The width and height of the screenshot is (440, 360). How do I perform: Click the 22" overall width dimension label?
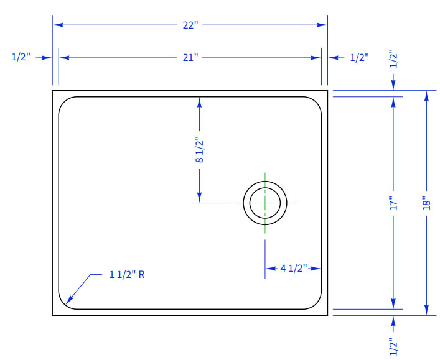[x=190, y=25]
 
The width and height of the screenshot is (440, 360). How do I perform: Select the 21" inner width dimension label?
[x=190, y=58]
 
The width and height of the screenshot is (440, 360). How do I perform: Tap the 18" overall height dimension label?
[x=426, y=203]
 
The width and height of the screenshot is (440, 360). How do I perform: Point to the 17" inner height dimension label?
[x=393, y=203]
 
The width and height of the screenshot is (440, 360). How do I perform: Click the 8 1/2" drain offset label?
[x=200, y=150]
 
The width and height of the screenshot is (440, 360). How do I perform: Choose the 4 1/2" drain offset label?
[x=294, y=269]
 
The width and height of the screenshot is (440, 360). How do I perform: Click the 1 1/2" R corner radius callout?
[x=127, y=274]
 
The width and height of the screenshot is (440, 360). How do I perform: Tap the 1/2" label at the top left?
[x=21, y=57]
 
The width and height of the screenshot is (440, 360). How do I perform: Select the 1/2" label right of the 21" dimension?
[x=360, y=58]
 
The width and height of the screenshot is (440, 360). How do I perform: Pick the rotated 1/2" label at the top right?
[x=393, y=58]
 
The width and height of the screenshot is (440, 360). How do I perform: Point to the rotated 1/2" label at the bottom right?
[x=393, y=346]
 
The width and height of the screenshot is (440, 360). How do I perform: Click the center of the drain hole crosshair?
[x=265, y=203]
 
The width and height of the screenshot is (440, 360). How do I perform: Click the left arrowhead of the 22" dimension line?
[x=58, y=25]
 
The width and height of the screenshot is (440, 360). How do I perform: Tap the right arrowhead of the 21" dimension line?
[x=316, y=58]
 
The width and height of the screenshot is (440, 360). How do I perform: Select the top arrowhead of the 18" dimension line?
[x=426, y=96]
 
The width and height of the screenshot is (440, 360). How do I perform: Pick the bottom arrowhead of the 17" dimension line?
[x=393, y=304]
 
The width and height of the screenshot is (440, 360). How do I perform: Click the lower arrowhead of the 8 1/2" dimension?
[x=200, y=197]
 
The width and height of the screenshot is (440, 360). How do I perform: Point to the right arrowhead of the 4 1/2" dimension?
[x=316, y=269]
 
